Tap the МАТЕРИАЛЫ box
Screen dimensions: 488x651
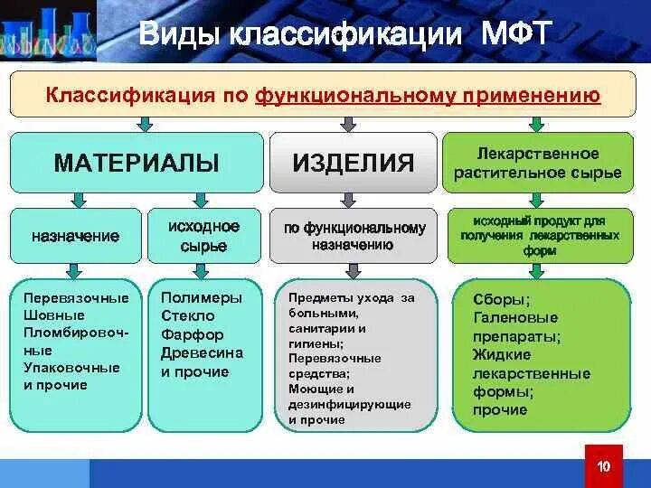[x=137, y=163]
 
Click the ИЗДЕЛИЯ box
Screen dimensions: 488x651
[x=353, y=163]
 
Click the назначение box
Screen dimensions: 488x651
[x=76, y=236]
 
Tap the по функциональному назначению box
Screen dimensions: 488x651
[x=353, y=236]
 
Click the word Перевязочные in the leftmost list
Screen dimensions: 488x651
[x=76, y=298]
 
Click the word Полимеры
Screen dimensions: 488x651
[x=202, y=297]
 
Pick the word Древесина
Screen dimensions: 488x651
[x=202, y=353]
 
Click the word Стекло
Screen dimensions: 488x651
[x=188, y=316]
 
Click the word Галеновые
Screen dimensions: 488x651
[x=515, y=318]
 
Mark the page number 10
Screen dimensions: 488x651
[x=605, y=466]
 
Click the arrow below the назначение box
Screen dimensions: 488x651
[x=76, y=272]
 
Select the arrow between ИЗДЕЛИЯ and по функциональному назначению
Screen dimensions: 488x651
[x=353, y=201]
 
